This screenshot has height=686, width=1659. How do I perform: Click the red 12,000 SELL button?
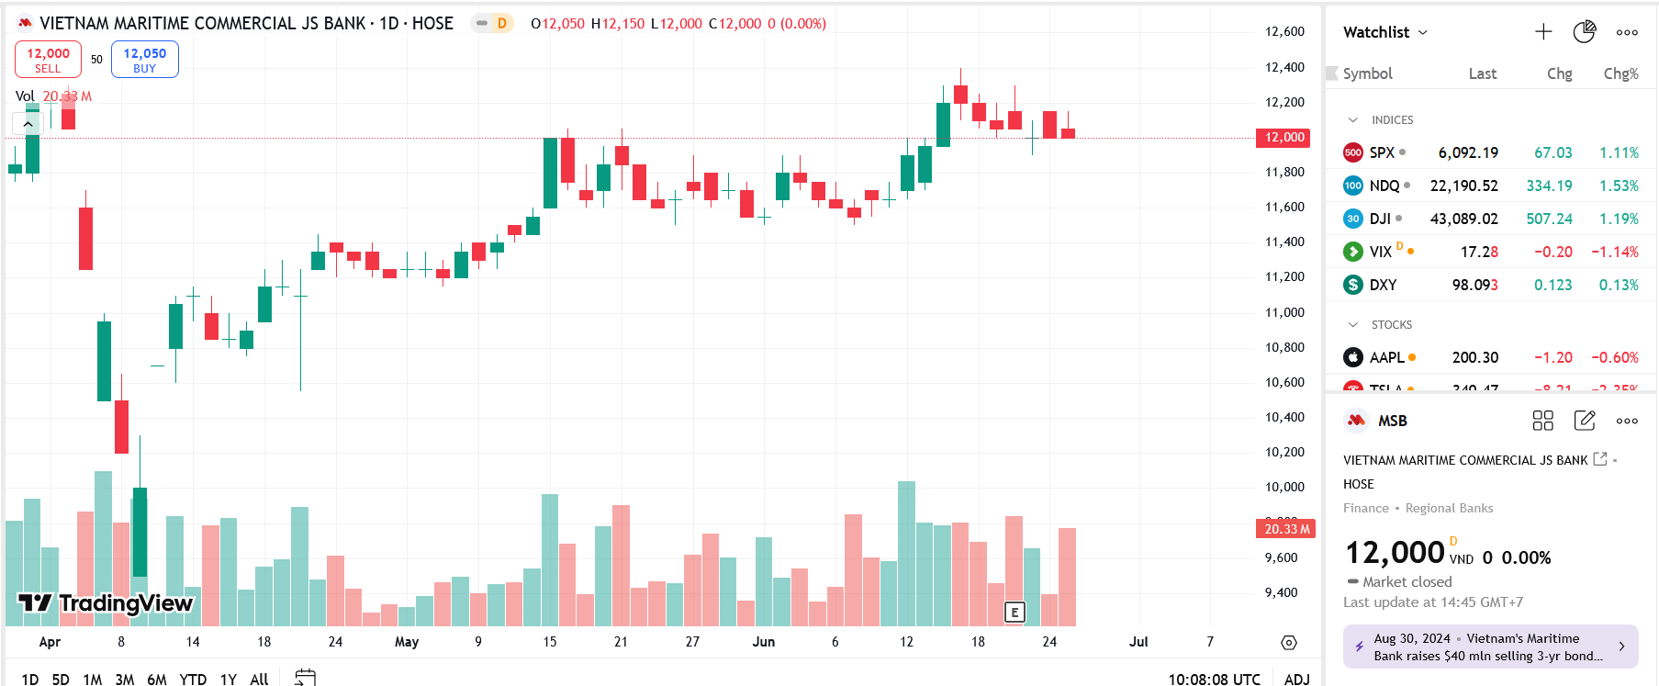tap(48, 60)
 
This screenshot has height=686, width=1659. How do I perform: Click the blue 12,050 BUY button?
tap(144, 60)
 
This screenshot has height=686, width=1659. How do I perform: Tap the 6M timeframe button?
tap(157, 679)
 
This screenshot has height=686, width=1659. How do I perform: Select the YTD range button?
tap(193, 679)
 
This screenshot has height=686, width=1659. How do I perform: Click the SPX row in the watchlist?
tap(1382, 152)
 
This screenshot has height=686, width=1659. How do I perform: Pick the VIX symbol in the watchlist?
tap(1380, 252)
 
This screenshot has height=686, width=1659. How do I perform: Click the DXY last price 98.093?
tap(1474, 285)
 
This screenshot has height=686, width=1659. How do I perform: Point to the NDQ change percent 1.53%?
tap(1619, 186)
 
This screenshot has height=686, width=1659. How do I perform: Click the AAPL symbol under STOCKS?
tap(1386, 357)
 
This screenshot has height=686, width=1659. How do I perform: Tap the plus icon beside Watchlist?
tap(1543, 32)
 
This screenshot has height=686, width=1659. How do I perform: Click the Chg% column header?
tap(1620, 73)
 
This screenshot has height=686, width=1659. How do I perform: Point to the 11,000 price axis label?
tap(1284, 312)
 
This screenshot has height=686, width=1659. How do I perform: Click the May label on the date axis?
tap(407, 642)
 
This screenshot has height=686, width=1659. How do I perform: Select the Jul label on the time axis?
tap(1138, 642)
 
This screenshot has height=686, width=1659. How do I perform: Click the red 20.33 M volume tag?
tap(1285, 529)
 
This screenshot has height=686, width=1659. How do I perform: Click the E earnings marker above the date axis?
tap(1014, 613)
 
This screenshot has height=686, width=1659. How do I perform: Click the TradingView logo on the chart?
tap(106, 603)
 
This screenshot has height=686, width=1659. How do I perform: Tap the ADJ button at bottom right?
tap(1296, 679)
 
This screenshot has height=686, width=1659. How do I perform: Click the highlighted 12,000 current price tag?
tap(1283, 138)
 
